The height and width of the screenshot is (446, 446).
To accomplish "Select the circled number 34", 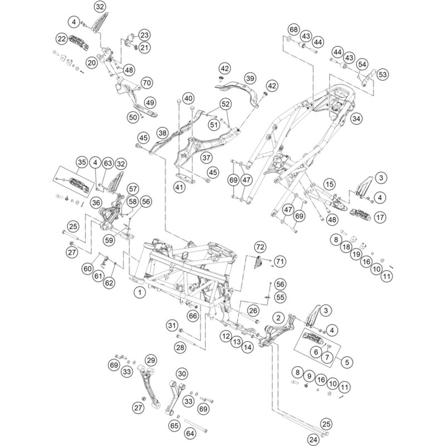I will [357, 118].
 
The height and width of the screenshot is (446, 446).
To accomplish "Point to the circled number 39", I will [249, 78].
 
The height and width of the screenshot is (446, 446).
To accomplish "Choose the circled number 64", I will [190, 433].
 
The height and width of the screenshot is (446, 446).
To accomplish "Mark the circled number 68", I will [294, 29].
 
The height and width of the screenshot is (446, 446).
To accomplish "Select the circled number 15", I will [329, 184].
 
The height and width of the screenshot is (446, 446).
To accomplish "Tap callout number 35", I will [82, 163].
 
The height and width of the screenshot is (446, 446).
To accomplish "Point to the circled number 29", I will [151, 360].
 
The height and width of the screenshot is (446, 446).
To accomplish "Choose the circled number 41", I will [178, 188].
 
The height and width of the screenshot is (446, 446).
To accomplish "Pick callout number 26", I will [253, 310].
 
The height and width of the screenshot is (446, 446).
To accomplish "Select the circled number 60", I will [88, 269].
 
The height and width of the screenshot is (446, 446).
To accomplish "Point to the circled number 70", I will [146, 83].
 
